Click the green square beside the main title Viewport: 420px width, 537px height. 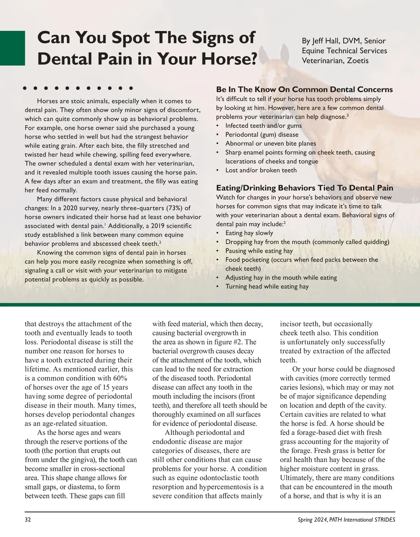12,48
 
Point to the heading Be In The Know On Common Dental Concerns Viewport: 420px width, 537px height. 304,90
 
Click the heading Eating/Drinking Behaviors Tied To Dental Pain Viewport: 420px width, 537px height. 304,188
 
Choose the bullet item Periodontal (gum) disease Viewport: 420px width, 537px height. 261,135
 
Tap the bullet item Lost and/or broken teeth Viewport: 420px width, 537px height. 261,170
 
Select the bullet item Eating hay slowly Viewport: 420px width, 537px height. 249,233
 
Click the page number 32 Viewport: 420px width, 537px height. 28,520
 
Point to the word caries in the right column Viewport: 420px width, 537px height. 289,387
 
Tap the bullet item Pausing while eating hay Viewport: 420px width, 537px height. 259,251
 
